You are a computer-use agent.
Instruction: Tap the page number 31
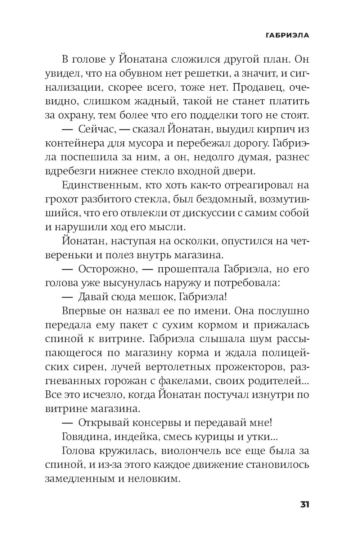click(304, 504)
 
